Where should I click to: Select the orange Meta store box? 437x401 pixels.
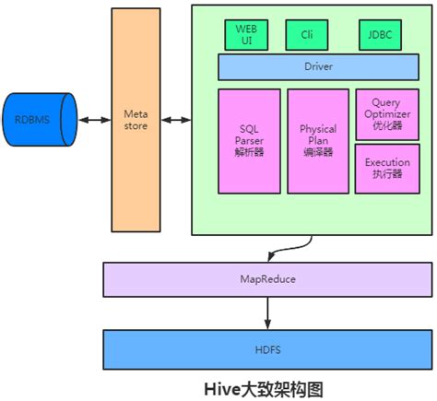tap(135, 120)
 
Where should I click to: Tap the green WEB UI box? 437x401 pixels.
tap(245, 36)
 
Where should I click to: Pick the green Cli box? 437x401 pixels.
tap(306, 36)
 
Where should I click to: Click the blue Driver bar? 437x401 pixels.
tap(317, 67)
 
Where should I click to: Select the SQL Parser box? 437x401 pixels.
tap(249, 139)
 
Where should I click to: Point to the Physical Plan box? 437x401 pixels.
tap(317, 139)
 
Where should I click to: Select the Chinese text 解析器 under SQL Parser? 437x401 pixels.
tap(249, 151)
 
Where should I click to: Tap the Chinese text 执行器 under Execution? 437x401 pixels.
tap(387, 173)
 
